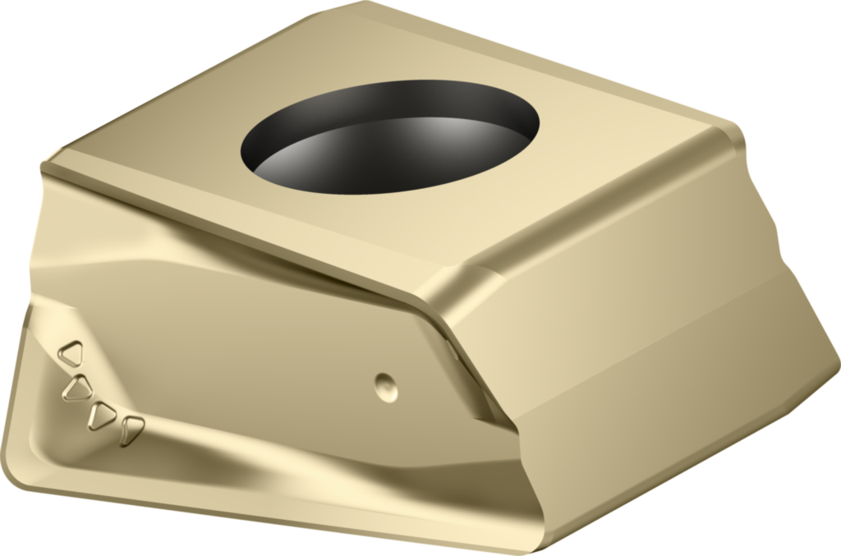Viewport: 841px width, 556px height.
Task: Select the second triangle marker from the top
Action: pos(78,387)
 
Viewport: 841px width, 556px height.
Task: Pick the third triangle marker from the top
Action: pos(102,416)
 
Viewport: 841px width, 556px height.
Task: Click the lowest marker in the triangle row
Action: pos(131,430)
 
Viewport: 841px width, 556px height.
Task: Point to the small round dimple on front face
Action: pos(385,386)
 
